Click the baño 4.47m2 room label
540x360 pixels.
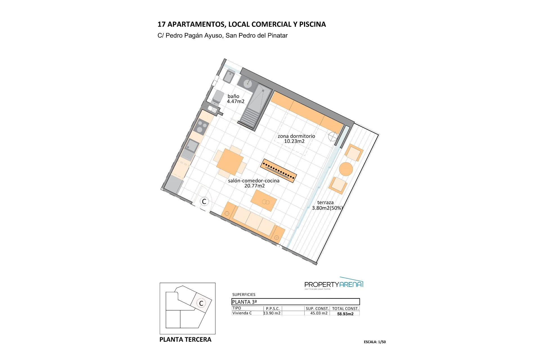click(236, 99)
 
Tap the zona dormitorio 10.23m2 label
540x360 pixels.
click(296, 139)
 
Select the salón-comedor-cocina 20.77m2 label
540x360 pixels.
click(254, 183)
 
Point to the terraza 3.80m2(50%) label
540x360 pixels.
click(327, 205)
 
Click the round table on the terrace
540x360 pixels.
click(346, 169)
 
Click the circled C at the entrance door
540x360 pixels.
click(204, 201)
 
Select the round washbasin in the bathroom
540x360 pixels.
click(248, 83)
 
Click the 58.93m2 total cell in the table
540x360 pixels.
click(345, 314)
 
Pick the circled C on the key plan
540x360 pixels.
click(201, 303)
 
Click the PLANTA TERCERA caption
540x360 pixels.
click(185, 339)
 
